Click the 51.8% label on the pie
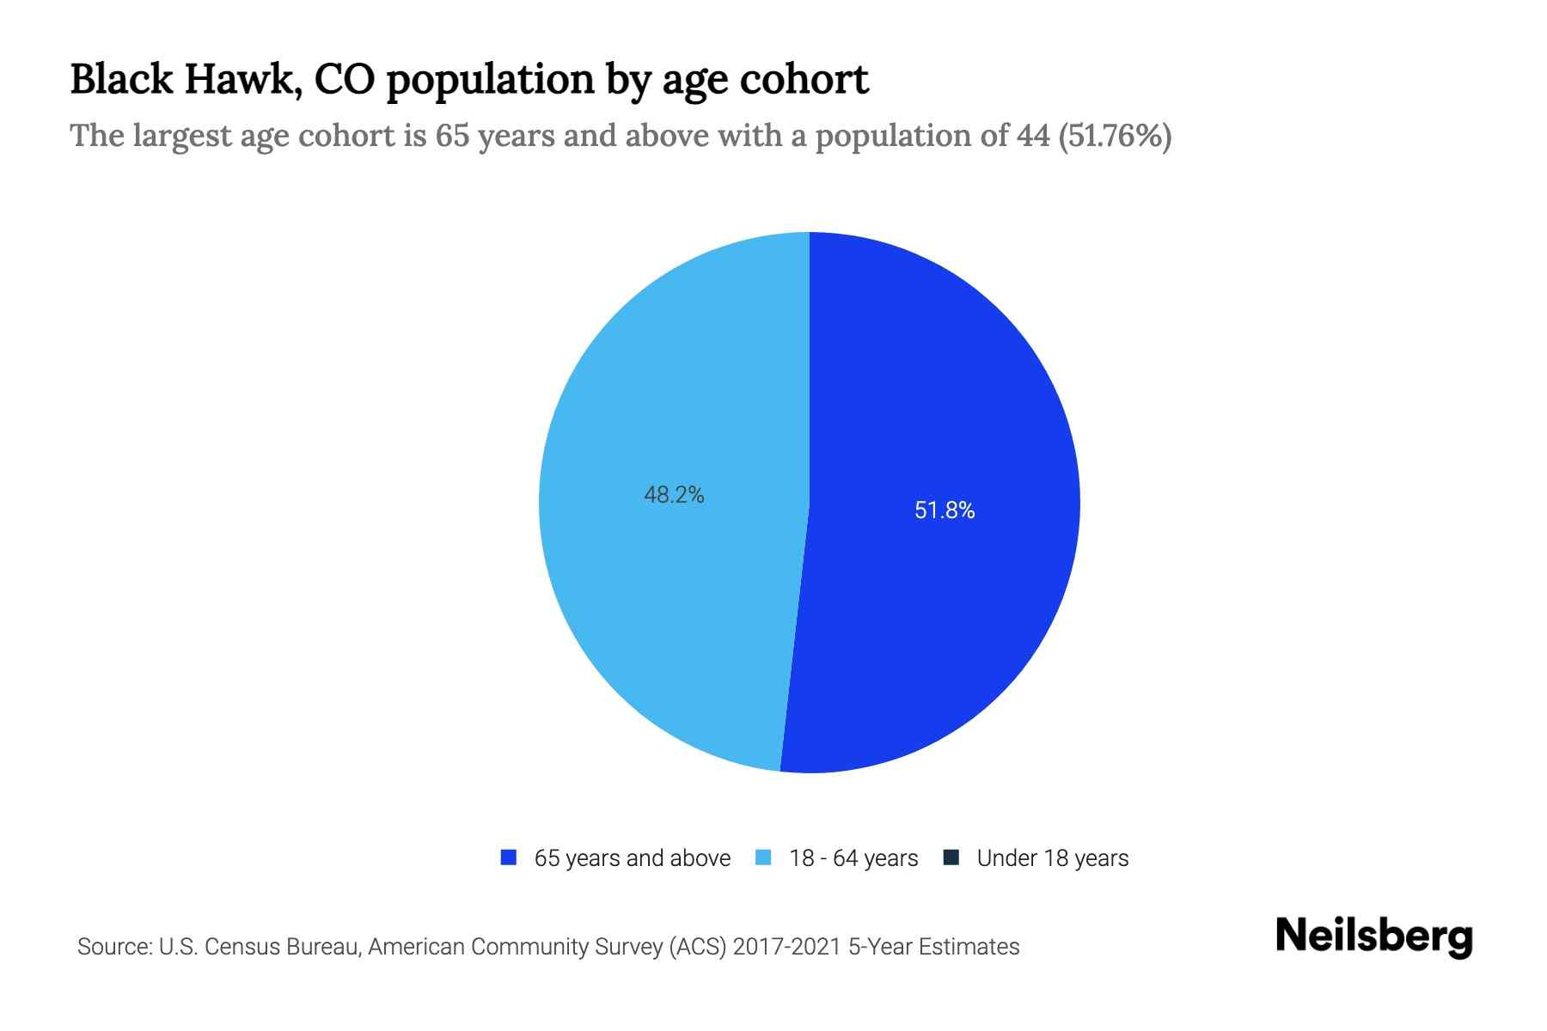pos(945,510)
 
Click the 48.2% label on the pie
pos(674,495)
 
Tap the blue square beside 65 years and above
pos(508,857)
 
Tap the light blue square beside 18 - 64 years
pos(763,857)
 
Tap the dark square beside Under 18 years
pos(951,857)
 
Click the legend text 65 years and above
pos(632,858)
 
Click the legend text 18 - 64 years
pos(853,858)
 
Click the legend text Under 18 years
pos(1052,858)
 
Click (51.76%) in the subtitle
pos(1115,136)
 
